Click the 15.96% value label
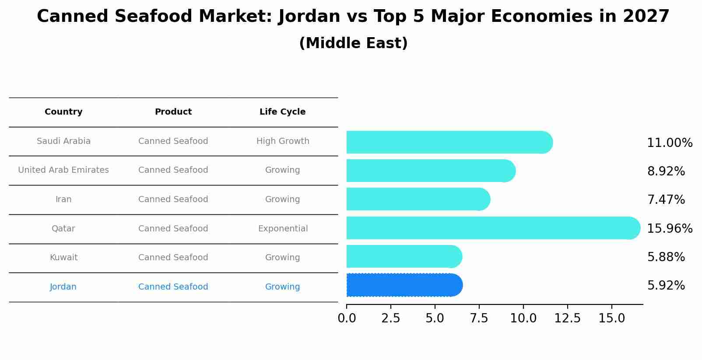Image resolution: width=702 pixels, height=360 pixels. (x=670, y=229)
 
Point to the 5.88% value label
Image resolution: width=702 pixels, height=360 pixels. (x=666, y=257)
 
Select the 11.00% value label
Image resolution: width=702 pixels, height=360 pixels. (x=670, y=143)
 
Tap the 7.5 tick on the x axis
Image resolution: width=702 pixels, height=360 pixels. (x=479, y=318)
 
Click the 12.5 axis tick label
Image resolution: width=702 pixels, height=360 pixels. (x=567, y=318)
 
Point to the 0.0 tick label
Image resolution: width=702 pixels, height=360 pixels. (x=347, y=318)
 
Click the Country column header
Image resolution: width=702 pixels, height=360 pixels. (x=63, y=112)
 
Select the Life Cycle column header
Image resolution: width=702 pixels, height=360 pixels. (x=282, y=112)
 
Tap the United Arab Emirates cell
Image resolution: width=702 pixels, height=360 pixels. (x=63, y=170)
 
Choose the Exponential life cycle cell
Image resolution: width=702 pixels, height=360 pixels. (x=283, y=229)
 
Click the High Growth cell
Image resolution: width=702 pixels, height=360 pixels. (x=283, y=141)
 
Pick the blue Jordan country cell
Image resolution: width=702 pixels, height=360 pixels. (x=63, y=287)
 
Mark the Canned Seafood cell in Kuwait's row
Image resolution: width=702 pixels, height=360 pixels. (x=173, y=258)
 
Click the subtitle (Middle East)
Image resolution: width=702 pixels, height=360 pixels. (x=353, y=43)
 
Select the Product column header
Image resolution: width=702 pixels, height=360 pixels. (x=173, y=112)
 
